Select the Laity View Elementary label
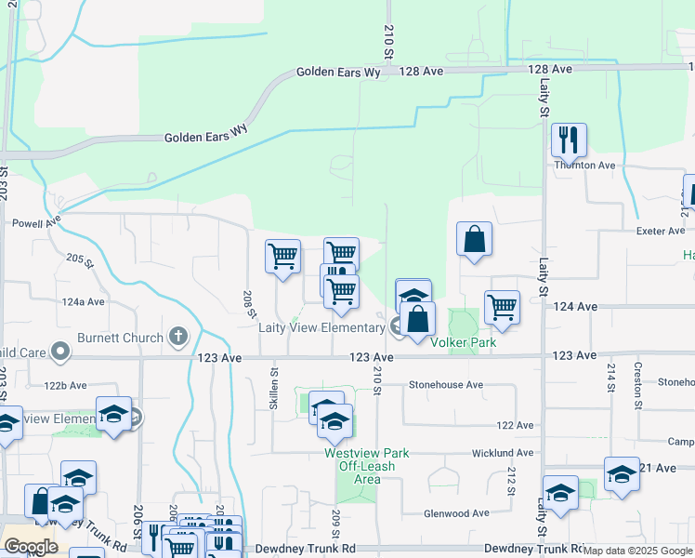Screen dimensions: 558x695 click(321, 327)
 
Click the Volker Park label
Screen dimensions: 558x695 click(463, 342)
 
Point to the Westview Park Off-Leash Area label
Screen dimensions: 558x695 click(366, 466)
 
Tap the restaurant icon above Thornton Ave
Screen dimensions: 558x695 click(568, 140)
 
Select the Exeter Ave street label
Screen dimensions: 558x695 click(659, 231)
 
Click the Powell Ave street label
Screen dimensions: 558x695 click(35, 222)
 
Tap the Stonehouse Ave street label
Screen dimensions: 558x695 click(447, 384)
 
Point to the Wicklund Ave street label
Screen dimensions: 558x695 click(502, 453)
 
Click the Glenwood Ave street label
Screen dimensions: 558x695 click(456, 512)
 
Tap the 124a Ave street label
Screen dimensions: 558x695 click(84, 302)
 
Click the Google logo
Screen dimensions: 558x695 click(31, 547)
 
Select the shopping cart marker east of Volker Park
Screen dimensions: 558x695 click(502, 307)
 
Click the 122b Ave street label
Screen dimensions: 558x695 click(65, 385)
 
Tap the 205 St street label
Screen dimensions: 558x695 click(81, 263)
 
